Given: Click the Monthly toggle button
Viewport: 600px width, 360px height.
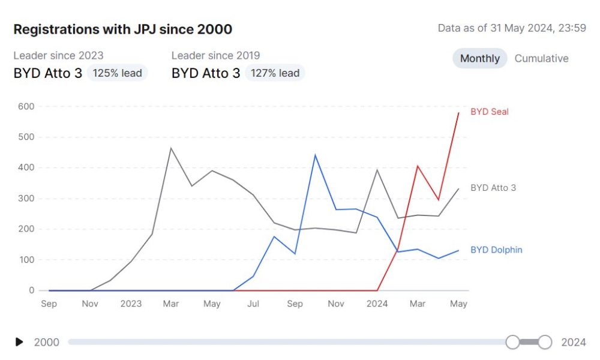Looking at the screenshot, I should pos(480,58).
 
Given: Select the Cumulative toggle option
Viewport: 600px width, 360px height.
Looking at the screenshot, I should pos(541,58).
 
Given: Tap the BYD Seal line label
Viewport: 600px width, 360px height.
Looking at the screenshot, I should pos(489,112).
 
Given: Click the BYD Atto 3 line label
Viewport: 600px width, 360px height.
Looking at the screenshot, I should pos(493,188).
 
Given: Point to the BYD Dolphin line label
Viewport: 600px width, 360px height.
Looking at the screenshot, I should pos(496,250).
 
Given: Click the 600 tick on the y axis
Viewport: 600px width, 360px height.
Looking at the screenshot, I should pos(26,106).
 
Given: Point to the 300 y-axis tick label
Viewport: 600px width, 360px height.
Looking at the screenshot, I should pos(26,199).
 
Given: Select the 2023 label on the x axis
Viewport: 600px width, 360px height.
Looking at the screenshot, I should pos(131,304).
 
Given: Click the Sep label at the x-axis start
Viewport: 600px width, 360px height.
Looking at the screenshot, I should pos(49,304).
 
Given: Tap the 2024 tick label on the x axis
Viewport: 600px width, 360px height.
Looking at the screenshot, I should pos(377,304).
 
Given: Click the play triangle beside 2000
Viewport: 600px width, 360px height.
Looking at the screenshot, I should pos(19,342).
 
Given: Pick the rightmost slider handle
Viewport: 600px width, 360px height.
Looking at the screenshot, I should pos(545,342).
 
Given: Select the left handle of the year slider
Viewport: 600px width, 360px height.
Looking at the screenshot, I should pos(512,342).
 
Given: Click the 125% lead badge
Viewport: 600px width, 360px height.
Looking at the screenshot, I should pos(117,73).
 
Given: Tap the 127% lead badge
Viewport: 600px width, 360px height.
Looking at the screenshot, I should pos(275,73).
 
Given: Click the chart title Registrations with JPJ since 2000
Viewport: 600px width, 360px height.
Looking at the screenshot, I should pos(122,29).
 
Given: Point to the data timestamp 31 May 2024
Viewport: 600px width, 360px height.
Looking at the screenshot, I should pos(512,28).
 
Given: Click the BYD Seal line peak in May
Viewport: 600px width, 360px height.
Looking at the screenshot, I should pos(458,113).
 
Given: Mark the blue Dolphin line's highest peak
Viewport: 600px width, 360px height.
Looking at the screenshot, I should pos(315,155).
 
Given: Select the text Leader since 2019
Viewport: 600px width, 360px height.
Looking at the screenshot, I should pos(215,55).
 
